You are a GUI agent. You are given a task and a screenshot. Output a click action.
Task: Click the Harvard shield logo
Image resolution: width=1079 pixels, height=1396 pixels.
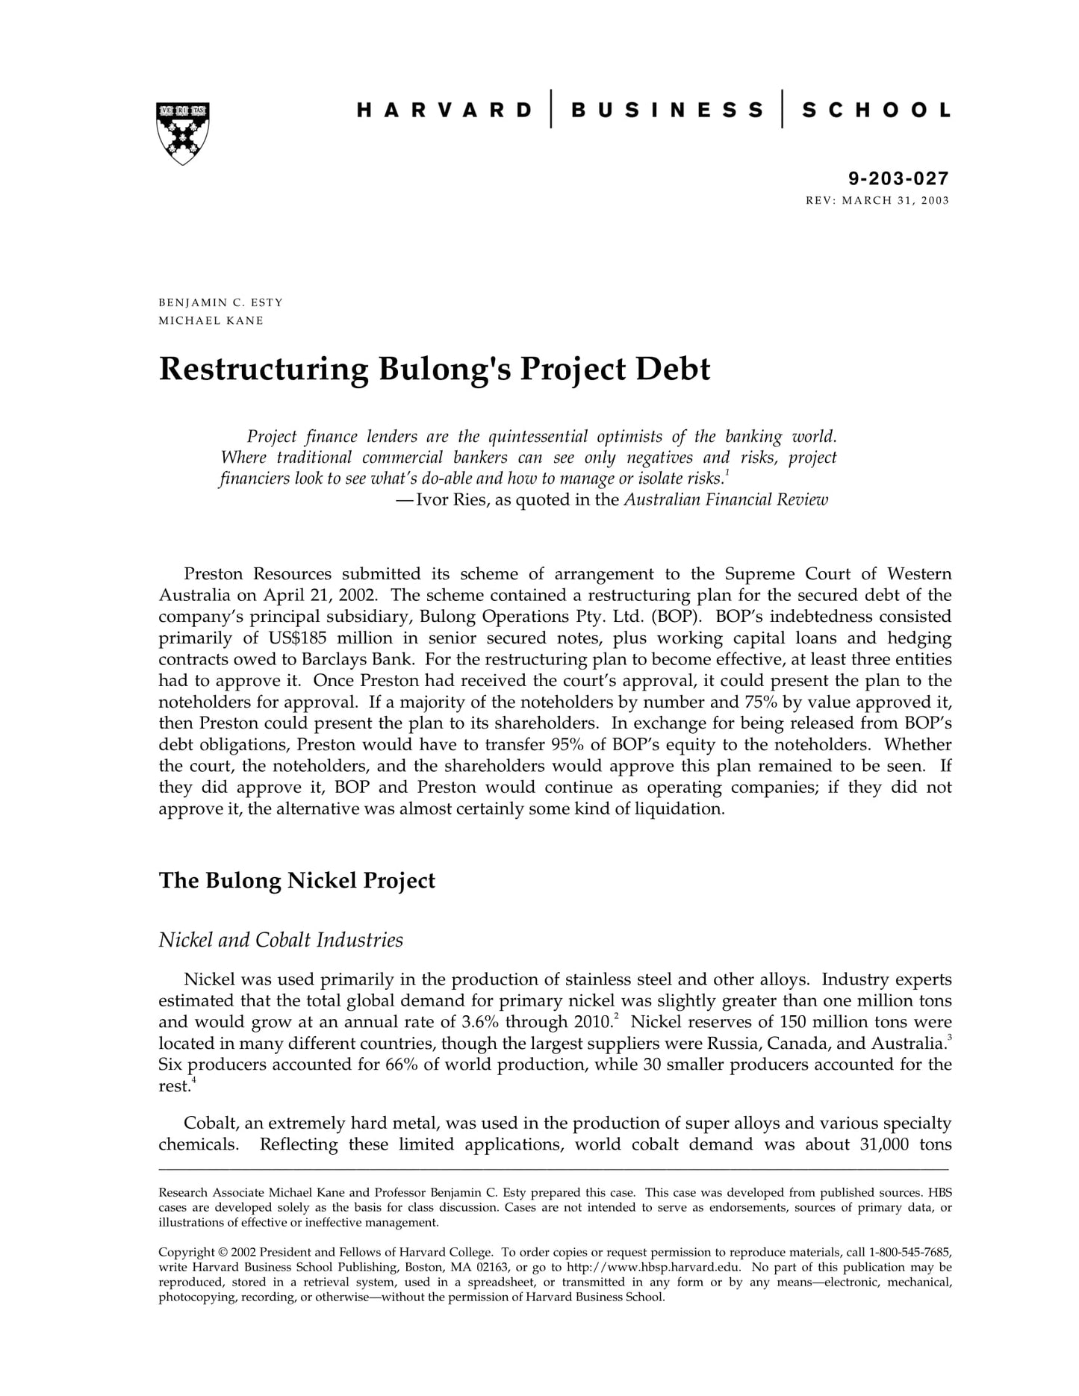click(183, 132)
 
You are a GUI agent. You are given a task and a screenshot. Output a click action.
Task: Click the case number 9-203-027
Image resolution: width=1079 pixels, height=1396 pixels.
click(898, 178)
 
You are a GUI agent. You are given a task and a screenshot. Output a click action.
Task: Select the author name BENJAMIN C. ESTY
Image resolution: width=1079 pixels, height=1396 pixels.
click(220, 302)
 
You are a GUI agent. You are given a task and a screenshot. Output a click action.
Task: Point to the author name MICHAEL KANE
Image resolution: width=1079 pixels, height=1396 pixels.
click(211, 321)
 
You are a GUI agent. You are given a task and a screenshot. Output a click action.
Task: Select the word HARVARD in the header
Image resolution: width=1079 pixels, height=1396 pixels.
click(444, 110)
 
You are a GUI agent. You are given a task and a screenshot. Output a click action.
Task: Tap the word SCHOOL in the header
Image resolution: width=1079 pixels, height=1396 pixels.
click(876, 110)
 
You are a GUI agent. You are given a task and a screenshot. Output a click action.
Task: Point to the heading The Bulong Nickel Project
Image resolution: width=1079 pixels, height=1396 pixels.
click(296, 881)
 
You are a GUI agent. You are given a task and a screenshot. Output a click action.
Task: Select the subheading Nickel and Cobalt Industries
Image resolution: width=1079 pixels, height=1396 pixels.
click(281, 940)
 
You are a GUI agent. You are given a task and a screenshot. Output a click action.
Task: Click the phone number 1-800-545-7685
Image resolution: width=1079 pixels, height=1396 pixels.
click(910, 1252)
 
